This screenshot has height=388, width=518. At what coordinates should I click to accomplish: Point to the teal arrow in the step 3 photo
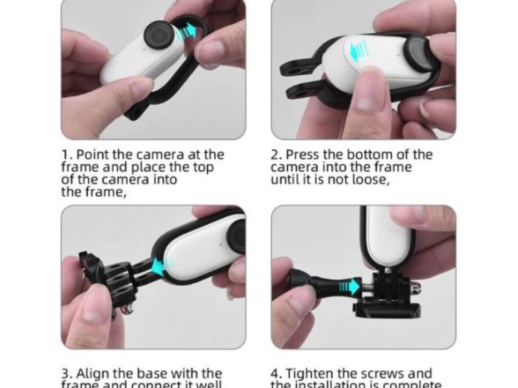(160, 264)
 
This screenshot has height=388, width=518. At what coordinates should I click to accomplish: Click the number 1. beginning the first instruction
(67, 155)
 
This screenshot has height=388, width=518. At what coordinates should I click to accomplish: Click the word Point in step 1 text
(92, 155)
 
